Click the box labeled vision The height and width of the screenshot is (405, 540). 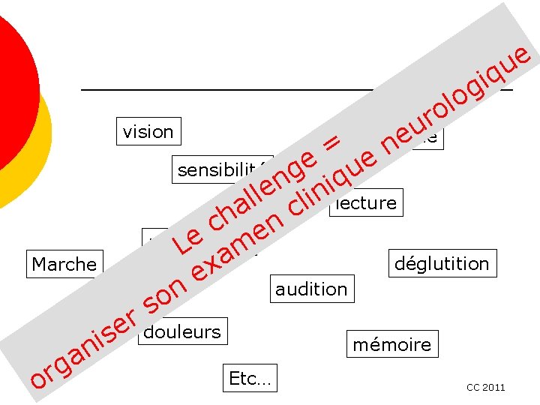(x=148, y=132)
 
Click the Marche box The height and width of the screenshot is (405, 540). (x=64, y=264)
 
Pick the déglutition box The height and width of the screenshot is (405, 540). (x=442, y=263)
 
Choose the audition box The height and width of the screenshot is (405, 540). (x=311, y=289)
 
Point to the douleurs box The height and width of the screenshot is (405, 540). (x=182, y=331)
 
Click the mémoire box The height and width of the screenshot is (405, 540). (x=392, y=344)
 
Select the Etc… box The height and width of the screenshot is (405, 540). (x=250, y=379)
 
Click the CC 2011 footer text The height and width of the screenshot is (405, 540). (x=485, y=388)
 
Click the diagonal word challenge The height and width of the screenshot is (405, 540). (x=259, y=190)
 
